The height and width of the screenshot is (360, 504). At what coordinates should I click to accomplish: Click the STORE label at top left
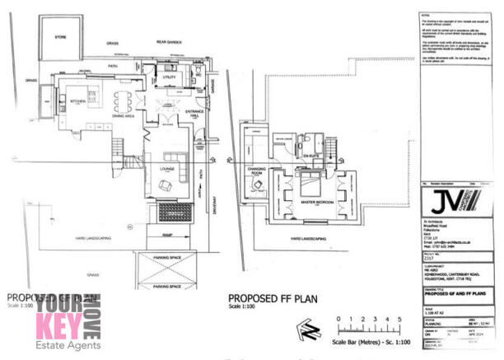[x=60, y=37]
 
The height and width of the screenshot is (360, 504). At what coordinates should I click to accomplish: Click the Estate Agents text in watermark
[x=68, y=345]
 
